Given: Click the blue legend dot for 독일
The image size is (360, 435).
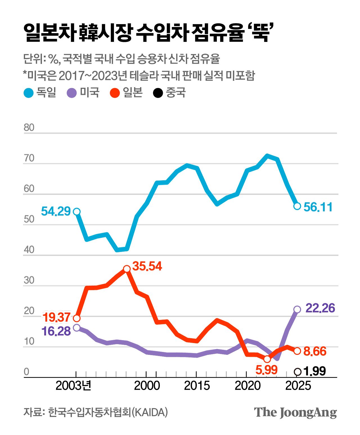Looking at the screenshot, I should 29,93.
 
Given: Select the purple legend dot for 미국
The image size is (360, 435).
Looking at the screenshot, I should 72,93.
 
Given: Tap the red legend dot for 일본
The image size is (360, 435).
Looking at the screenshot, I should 115,93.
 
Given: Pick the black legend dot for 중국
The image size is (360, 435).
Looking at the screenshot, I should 158,93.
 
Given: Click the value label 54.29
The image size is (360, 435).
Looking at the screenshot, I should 56,211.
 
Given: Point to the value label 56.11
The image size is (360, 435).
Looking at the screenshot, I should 318,207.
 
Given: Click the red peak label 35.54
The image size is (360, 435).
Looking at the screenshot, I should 147,266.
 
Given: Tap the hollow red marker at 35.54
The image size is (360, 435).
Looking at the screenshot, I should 127,269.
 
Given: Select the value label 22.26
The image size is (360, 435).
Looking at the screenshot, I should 320,308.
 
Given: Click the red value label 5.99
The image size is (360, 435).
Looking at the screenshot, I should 266,370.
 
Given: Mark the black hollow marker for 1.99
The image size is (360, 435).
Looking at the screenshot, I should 298,372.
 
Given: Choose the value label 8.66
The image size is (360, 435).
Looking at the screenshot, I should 315,351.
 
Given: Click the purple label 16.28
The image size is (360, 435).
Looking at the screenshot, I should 56,331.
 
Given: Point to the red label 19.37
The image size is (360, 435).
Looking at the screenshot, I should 56,317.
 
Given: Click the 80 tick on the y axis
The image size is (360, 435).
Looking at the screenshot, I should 29,127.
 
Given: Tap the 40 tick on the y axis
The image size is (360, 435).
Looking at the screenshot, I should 29,250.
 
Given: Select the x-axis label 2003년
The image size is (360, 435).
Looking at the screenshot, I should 74,386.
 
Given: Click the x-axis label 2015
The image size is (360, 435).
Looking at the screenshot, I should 197,386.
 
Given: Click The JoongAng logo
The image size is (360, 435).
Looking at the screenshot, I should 295,413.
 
